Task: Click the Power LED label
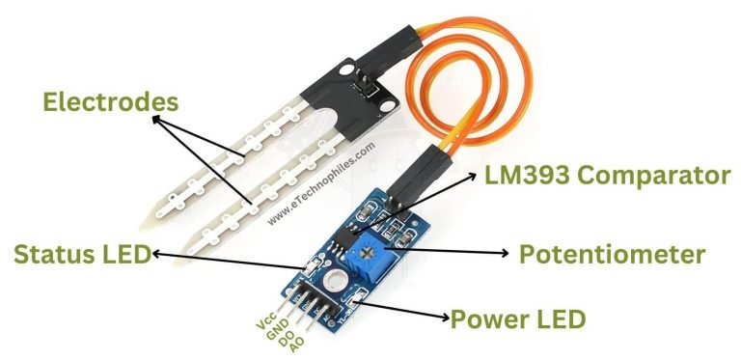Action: pos(519,318)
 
